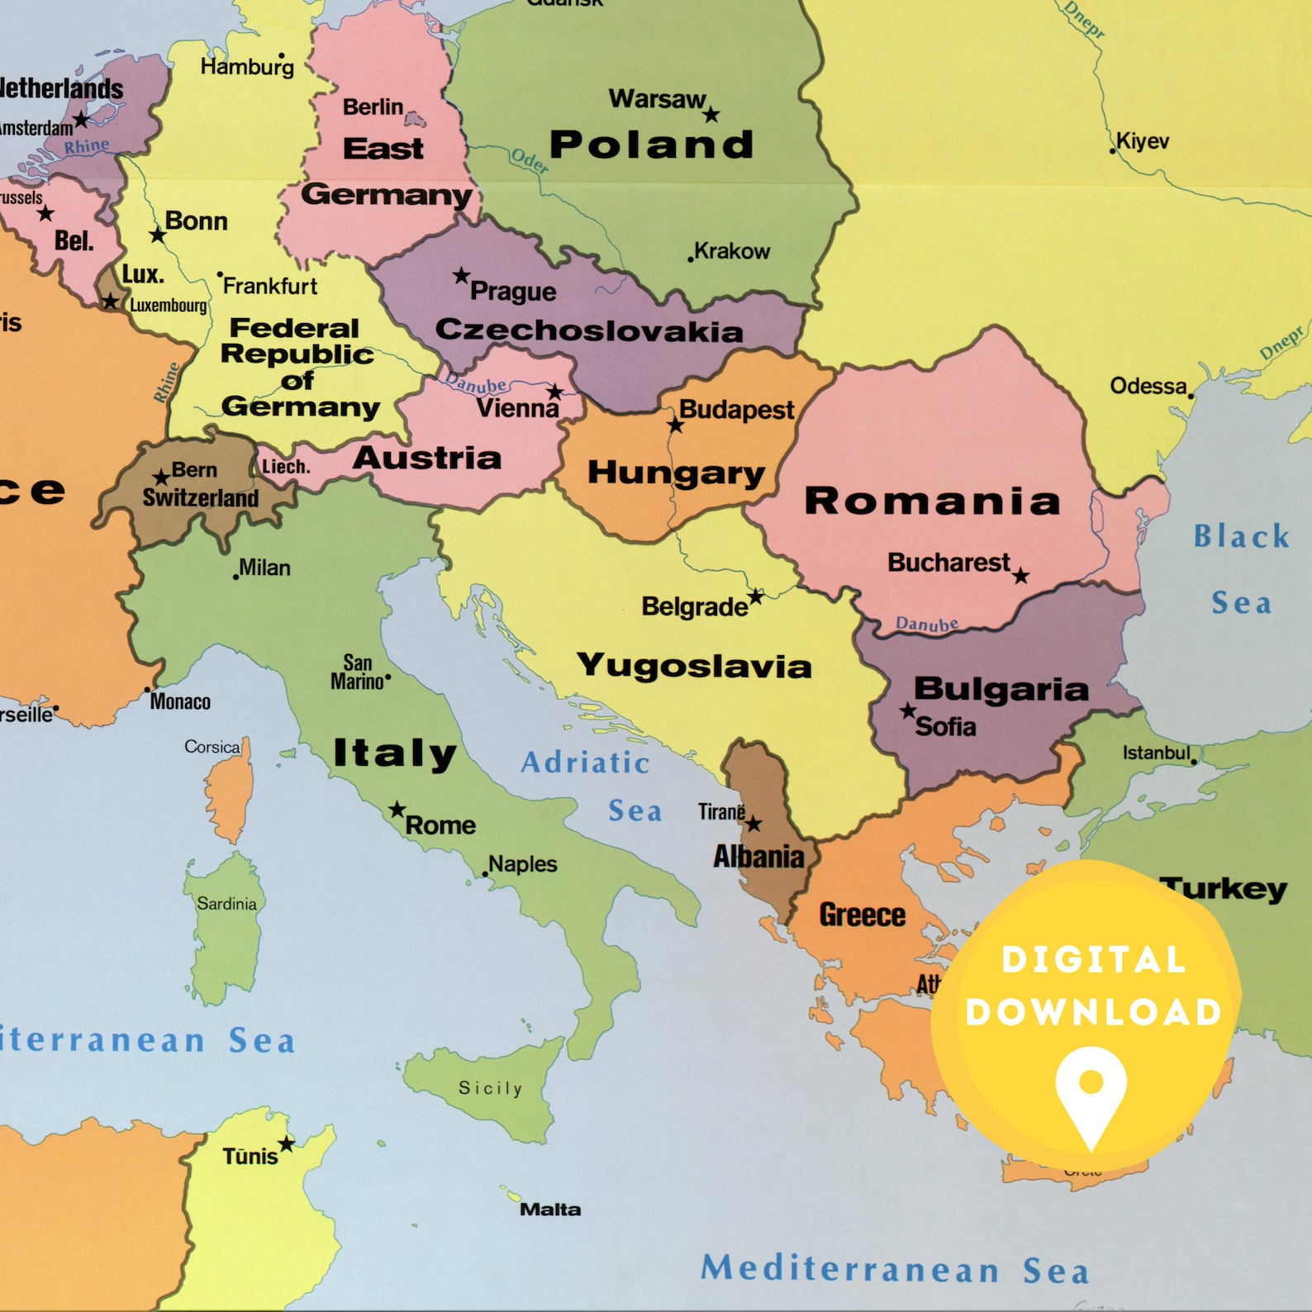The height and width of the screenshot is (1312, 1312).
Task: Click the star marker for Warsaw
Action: click(x=711, y=115)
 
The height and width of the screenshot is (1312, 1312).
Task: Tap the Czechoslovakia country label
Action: click(x=589, y=330)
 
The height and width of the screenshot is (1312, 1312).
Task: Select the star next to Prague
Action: click(x=461, y=275)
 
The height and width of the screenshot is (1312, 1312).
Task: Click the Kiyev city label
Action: click(x=1143, y=141)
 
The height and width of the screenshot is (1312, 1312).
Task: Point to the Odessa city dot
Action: click(x=1191, y=397)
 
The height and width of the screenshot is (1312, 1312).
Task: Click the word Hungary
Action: click(x=676, y=473)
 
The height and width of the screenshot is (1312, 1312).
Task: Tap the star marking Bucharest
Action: click(x=1021, y=576)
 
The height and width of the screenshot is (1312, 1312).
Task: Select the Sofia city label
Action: click(x=945, y=727)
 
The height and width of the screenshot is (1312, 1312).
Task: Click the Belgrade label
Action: click(x=694, y=607)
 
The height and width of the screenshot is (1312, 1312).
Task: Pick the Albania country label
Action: click(x=758, y=857)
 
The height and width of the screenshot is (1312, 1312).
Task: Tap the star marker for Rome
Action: click(x=397, y=809)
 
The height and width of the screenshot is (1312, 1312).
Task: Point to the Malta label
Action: click(x=550, y=1210)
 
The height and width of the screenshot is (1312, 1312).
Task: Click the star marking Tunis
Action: click(x=286, y=1144)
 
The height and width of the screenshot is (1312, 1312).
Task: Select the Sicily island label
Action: click(x=491, y=1088)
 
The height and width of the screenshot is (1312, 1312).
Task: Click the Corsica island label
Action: click(x=212, y=747)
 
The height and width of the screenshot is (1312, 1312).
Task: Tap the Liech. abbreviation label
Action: click(x=286, y=467)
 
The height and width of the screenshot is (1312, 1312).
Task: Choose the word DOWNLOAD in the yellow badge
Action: click(x=1093, y=1013)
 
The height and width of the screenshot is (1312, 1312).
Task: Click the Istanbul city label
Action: click(x=1156, y=753)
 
